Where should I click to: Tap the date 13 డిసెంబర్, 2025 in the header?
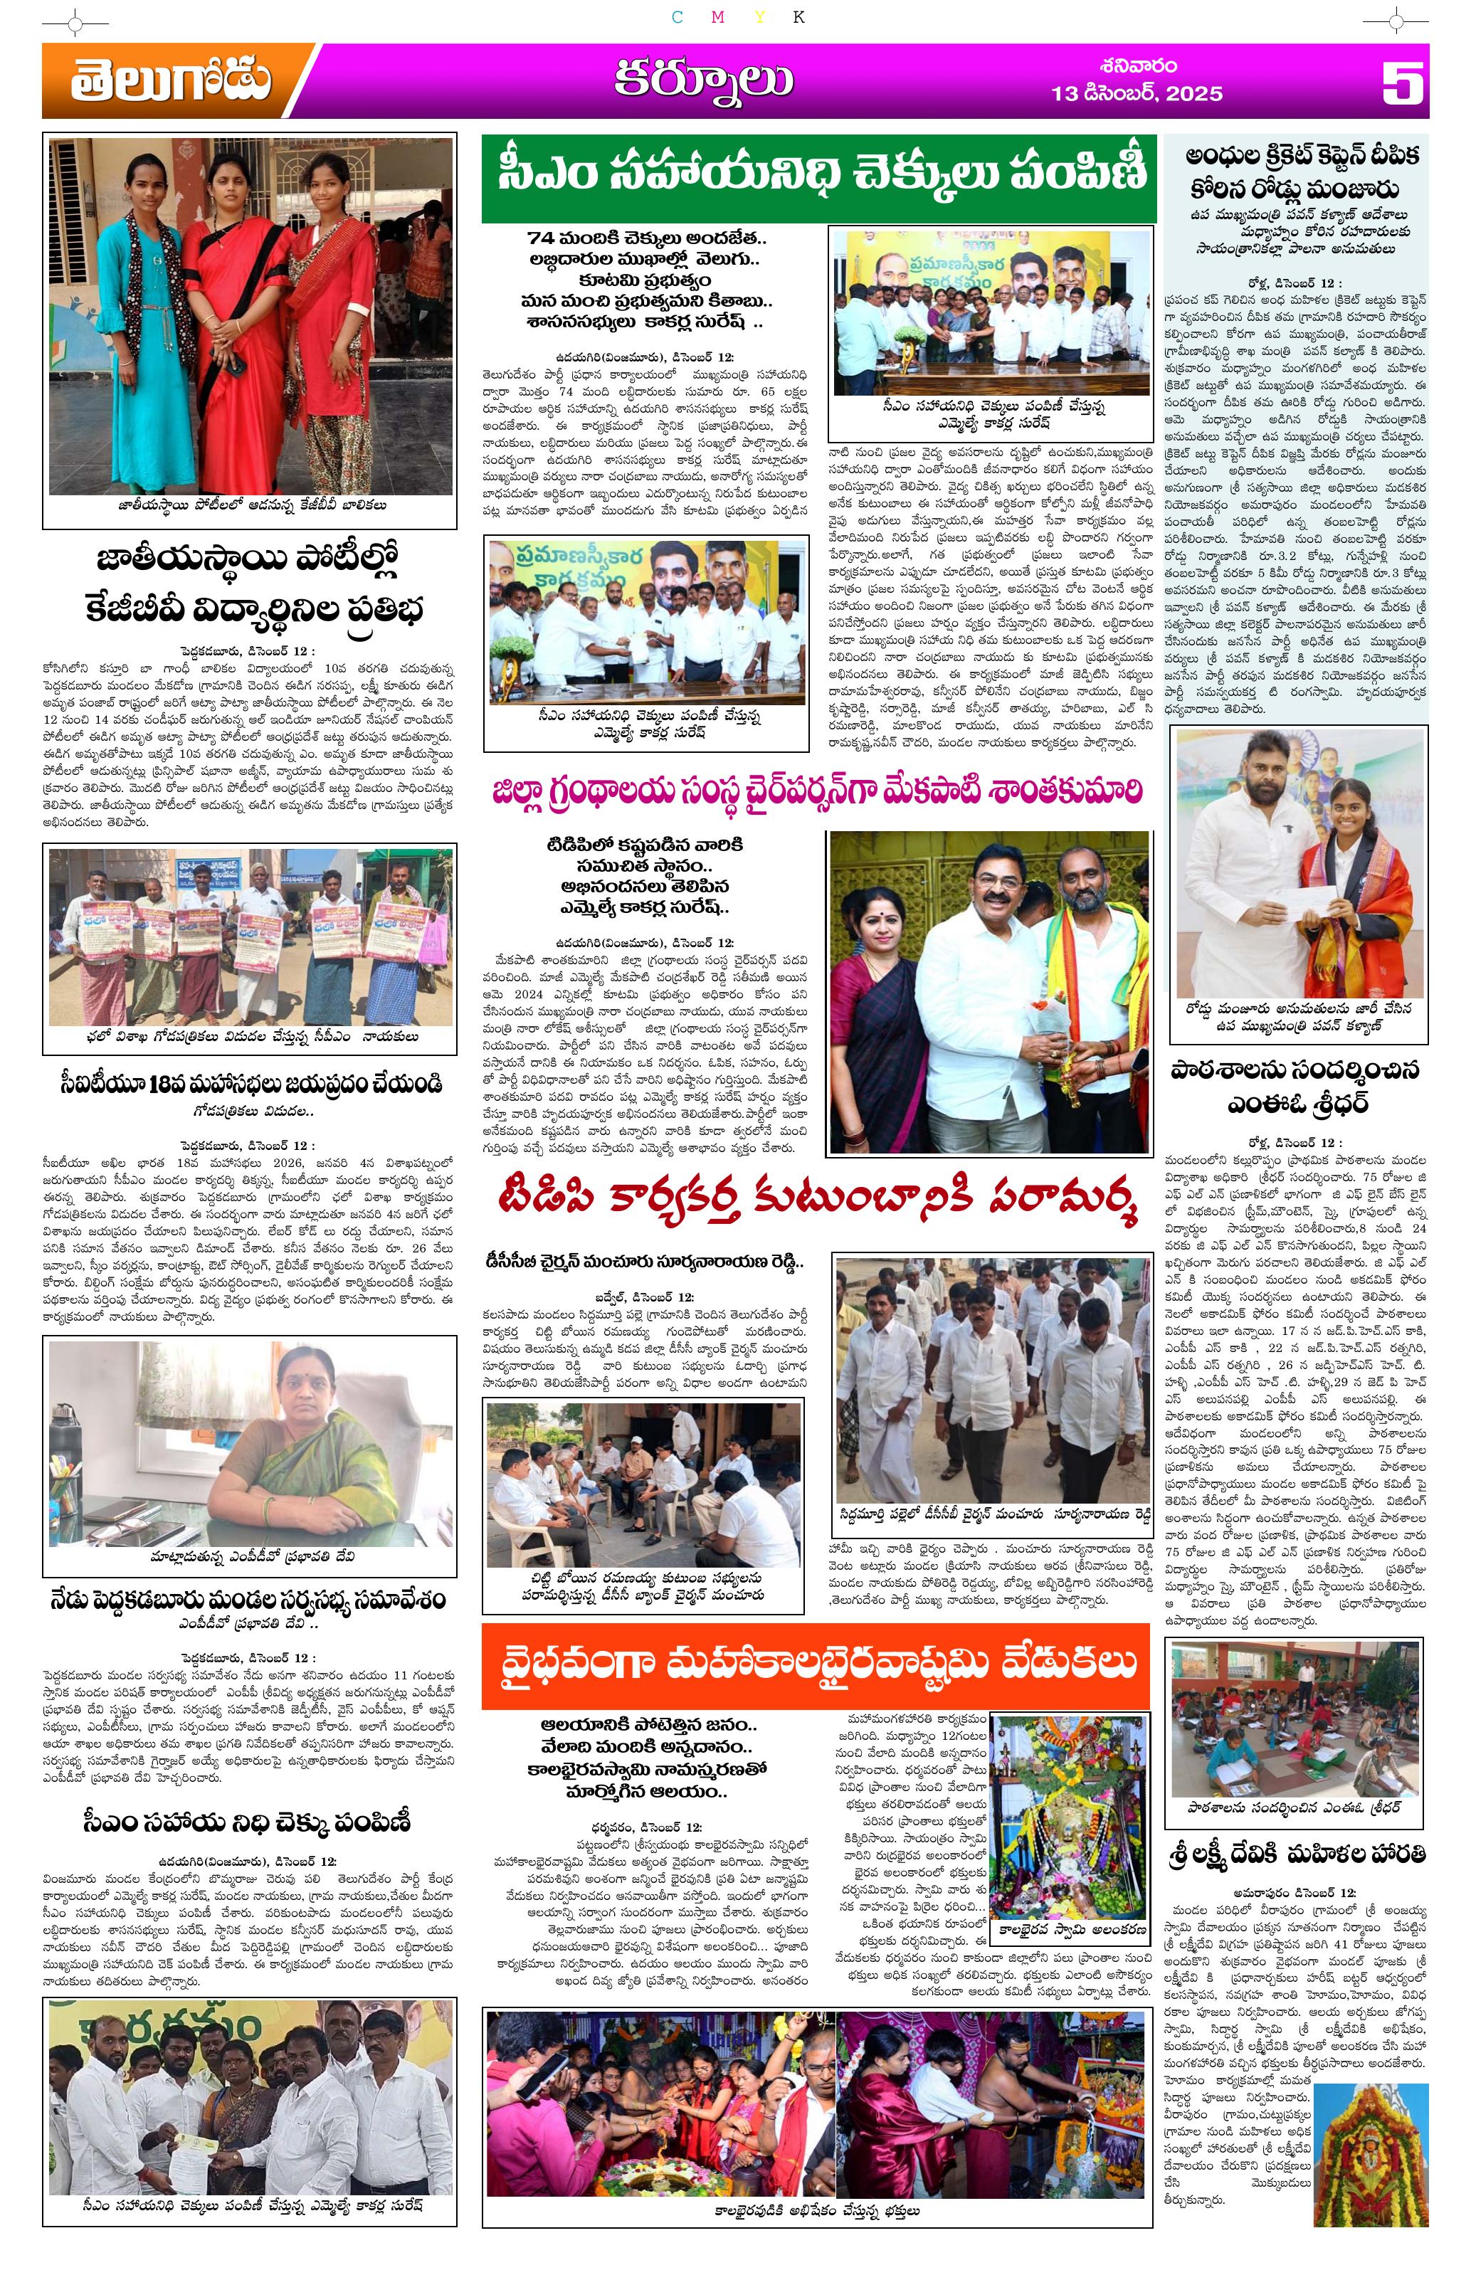coord(1136,93)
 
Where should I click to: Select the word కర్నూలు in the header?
coord(703,80)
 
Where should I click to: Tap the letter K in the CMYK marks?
coord(798,17)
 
